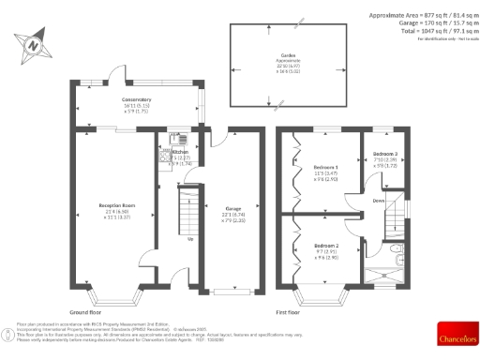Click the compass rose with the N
(x=34, y=43)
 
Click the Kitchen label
(x=180, y=150)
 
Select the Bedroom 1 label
(x=325, y=168)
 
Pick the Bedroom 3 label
(x=385, y=153)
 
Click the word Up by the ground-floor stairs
(x=191, y=238)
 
